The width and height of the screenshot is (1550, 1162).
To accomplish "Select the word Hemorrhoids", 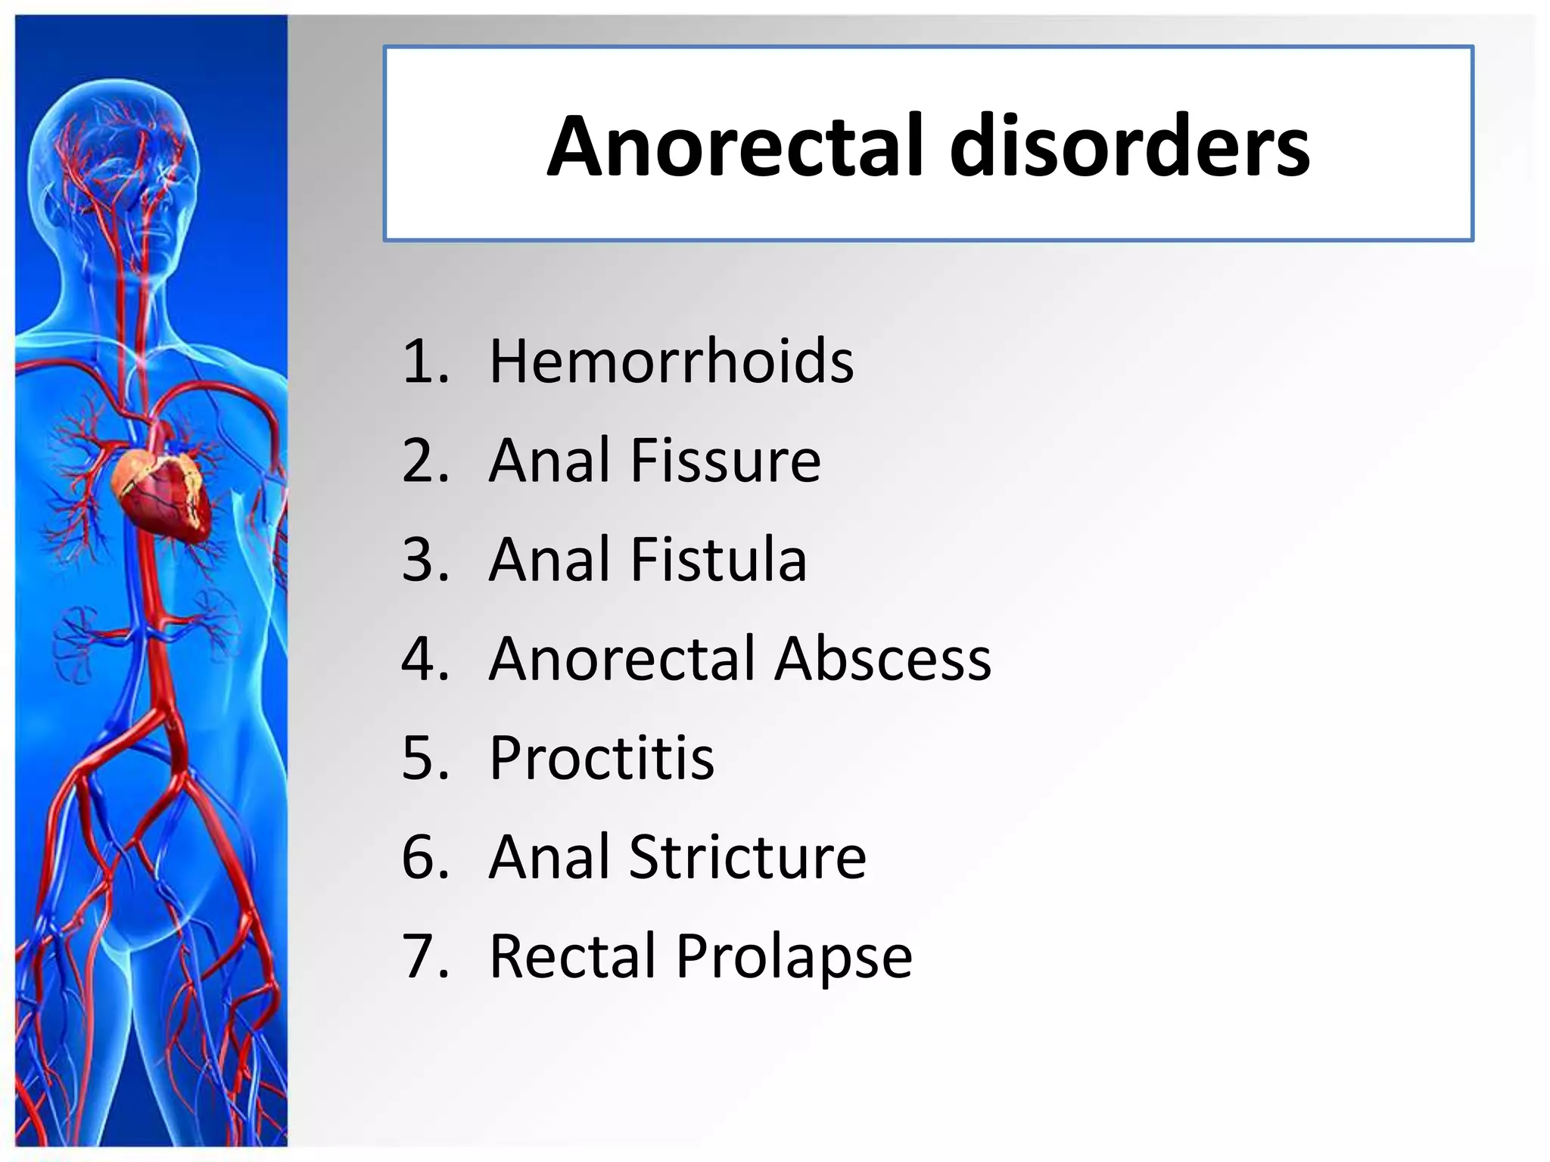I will coord(671,361).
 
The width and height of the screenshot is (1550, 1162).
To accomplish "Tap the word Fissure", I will coord(725,460).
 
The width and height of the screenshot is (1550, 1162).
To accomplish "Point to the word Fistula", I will coord(718,559).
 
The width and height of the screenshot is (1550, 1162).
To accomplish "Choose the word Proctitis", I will coord(602,757).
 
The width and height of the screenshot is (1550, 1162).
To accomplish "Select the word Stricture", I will coord(748,856).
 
